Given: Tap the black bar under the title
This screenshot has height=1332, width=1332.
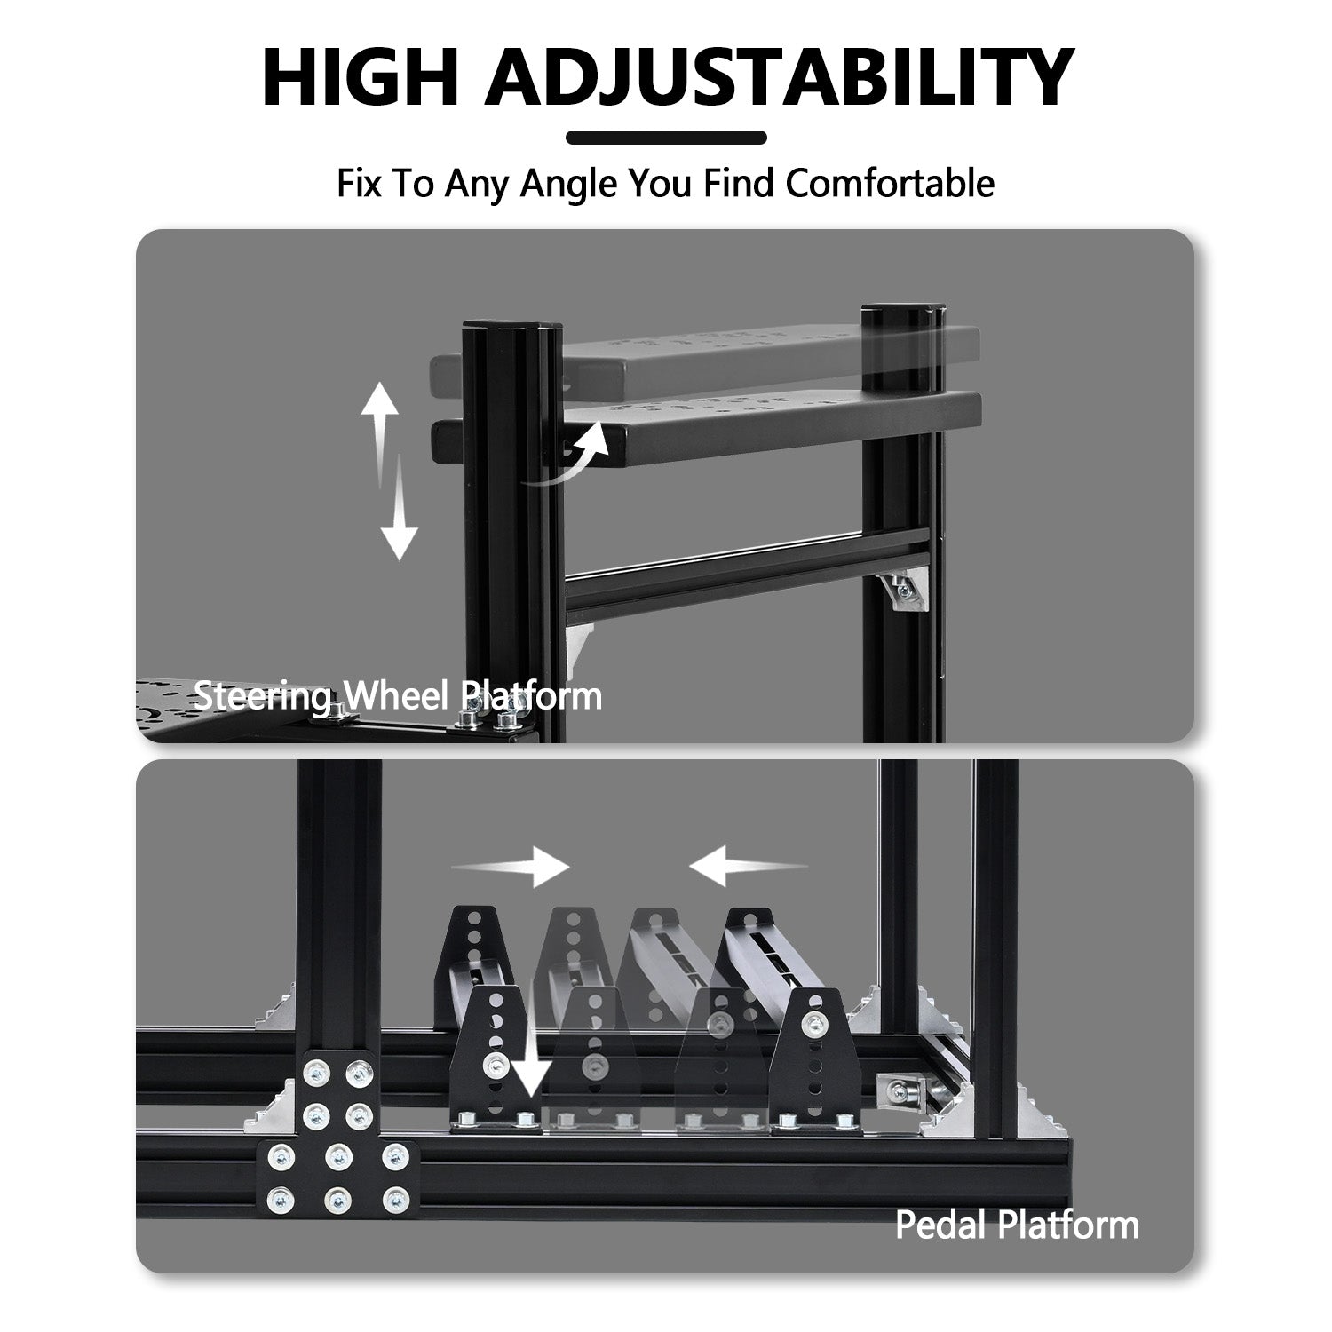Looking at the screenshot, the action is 666,138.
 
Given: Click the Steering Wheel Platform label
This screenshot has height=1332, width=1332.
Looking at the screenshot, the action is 398,695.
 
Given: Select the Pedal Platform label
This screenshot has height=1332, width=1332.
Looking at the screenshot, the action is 1016,1225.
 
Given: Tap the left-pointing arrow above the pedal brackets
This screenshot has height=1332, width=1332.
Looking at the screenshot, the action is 748,866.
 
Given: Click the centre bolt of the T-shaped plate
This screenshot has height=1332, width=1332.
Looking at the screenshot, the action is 336,1156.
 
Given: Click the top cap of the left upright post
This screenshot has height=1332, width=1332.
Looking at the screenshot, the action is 511,328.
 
